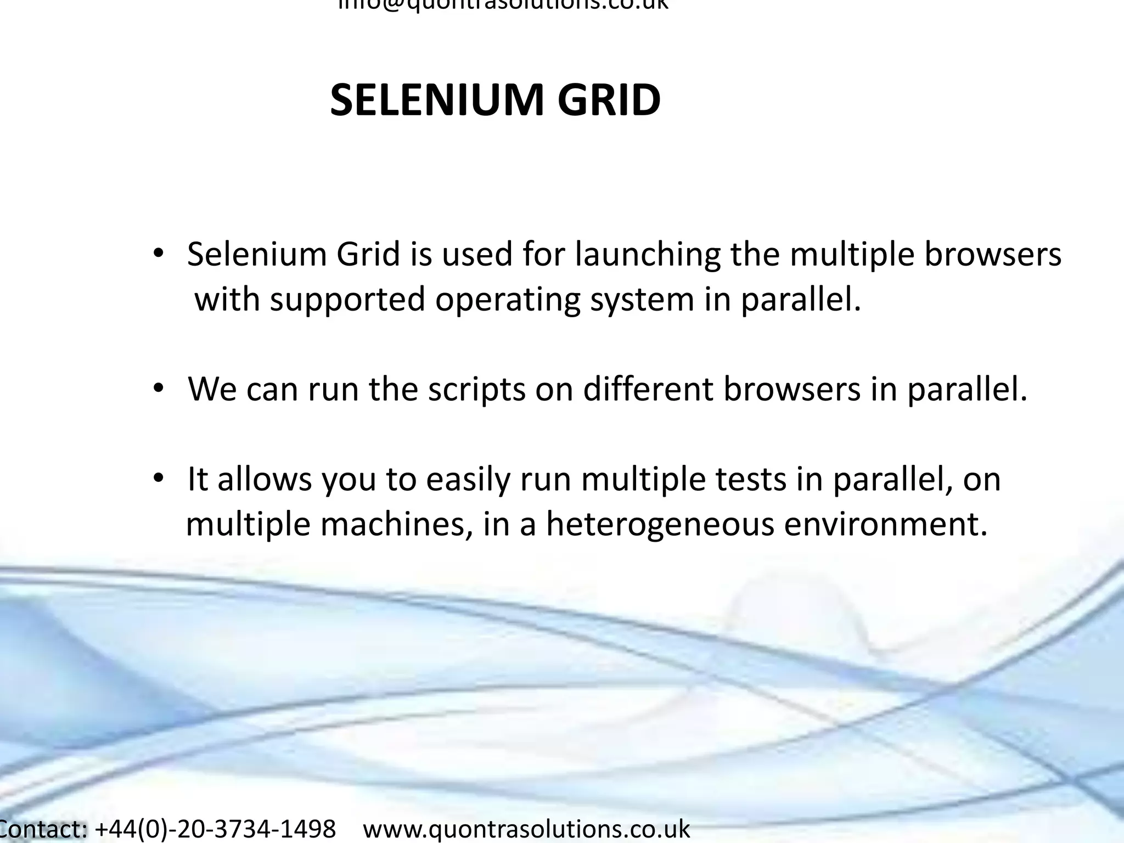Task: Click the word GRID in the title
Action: tap(609, 100)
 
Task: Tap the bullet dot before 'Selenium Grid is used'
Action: tap(158, 254)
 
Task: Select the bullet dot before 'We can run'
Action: tap(158, 389)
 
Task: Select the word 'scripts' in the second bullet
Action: tap(476, 390)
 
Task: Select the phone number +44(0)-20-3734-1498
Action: tap(216, 829)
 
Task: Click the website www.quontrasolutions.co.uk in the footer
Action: tap(526, 829)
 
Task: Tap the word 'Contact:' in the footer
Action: tap(43, 829)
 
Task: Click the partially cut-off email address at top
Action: tap(503, 4)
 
